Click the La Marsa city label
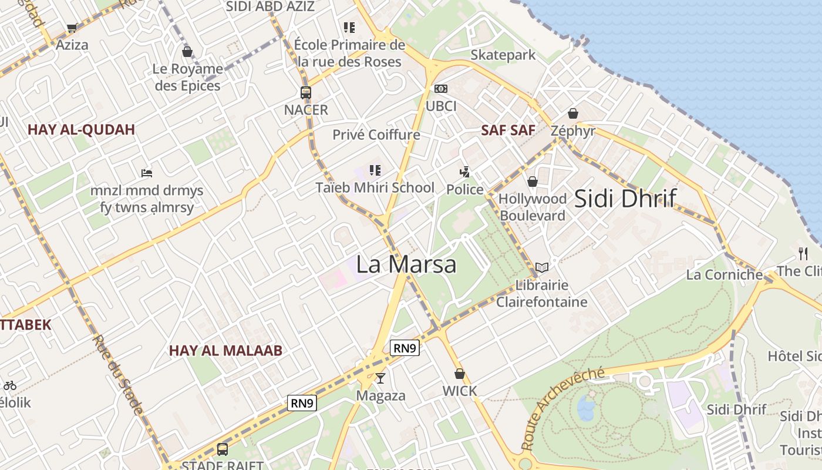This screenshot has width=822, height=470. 406,264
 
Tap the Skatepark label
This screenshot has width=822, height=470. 503,55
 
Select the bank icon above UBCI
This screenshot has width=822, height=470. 441,89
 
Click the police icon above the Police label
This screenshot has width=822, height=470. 465,172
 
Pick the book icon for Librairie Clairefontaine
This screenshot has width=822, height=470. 542,268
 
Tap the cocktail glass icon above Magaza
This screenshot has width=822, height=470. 380,378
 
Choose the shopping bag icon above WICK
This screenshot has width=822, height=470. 460,374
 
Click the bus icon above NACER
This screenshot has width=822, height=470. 305,92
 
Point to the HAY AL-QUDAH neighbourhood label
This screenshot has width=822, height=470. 81,130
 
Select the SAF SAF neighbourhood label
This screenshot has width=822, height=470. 508,130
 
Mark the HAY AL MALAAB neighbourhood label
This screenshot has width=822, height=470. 226,351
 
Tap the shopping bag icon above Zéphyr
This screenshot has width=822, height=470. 573,113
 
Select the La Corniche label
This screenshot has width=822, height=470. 725,274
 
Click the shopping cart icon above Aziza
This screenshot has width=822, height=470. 72,28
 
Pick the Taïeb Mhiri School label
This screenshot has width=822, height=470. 375,188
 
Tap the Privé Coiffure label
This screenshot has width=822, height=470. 376,135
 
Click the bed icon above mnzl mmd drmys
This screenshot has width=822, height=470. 147,173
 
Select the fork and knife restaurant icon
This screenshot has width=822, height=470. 803,254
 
